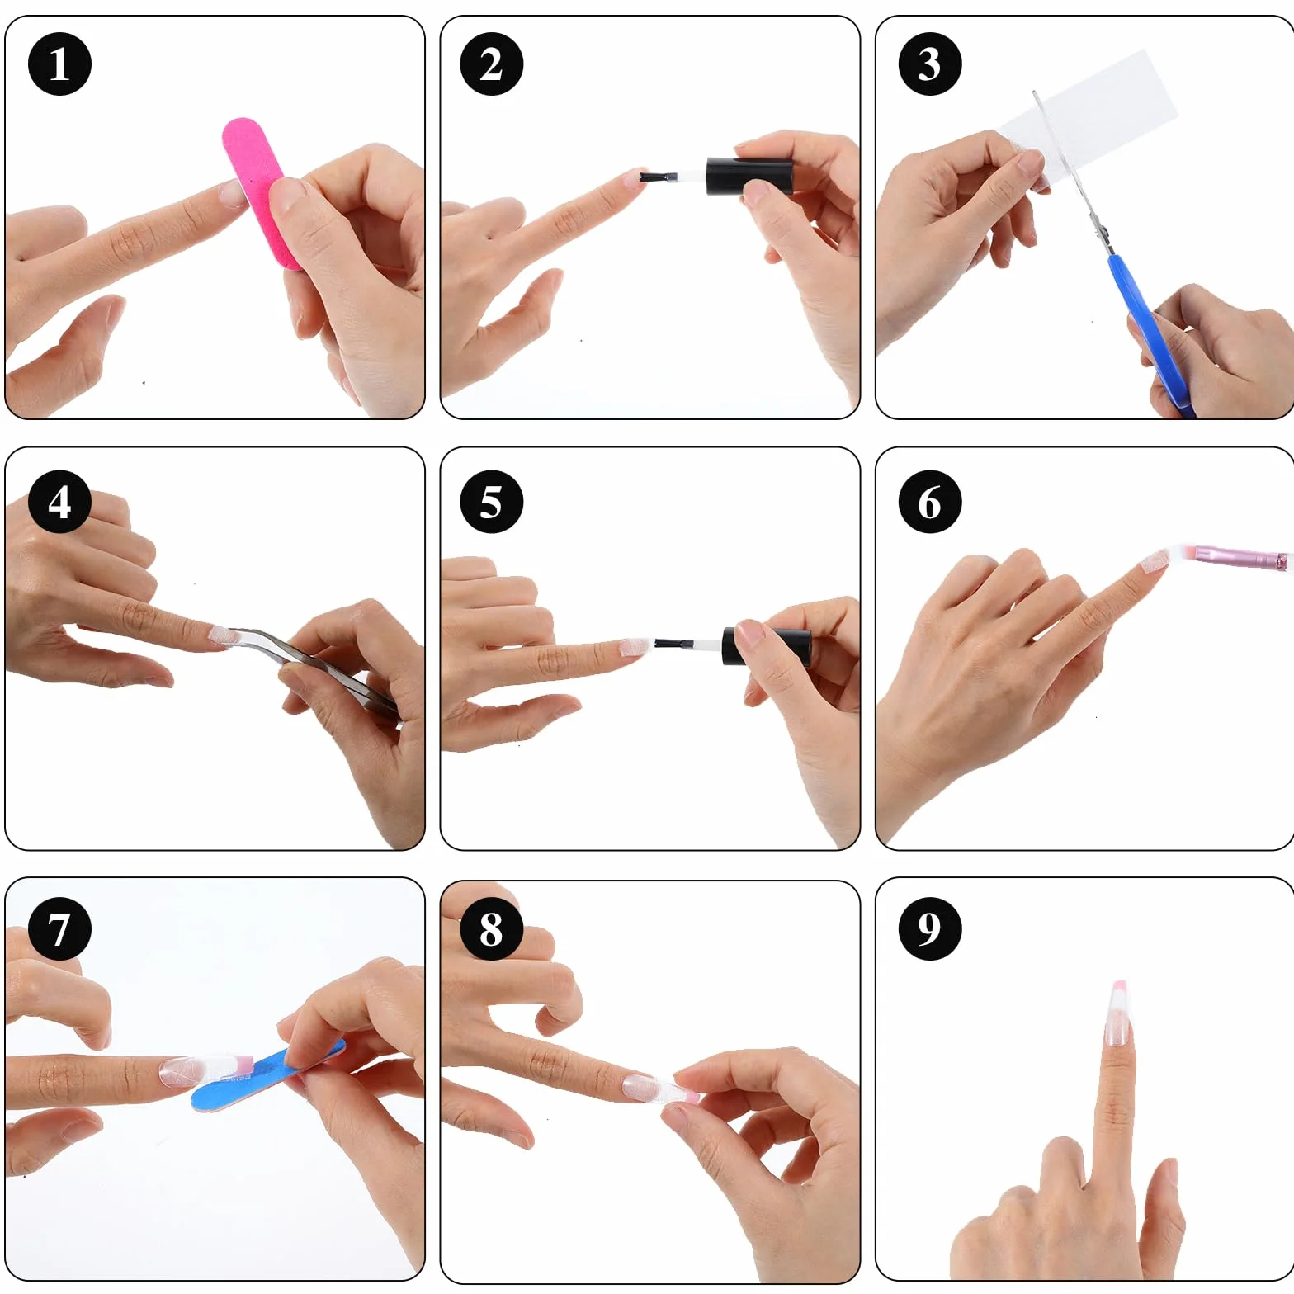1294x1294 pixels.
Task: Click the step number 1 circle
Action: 59,64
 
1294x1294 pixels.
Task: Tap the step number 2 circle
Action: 491,64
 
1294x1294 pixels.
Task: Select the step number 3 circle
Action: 929,64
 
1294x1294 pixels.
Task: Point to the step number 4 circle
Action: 59,501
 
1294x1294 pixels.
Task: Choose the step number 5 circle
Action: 491,501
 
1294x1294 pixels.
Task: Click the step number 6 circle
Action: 929,501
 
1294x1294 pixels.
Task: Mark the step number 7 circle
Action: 59,928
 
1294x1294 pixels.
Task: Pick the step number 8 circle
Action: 491,928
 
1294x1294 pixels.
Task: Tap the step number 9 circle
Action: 929,928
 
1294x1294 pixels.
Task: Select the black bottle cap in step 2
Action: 749,177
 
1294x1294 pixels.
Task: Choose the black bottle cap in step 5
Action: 766,647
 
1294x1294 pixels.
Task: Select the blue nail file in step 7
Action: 267,1074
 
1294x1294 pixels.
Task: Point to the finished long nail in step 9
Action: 1117,1013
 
